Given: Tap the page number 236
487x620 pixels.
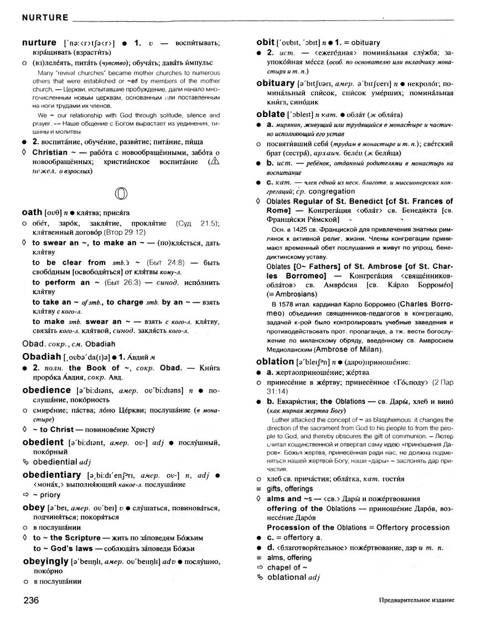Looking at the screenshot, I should tap(32, 601).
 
